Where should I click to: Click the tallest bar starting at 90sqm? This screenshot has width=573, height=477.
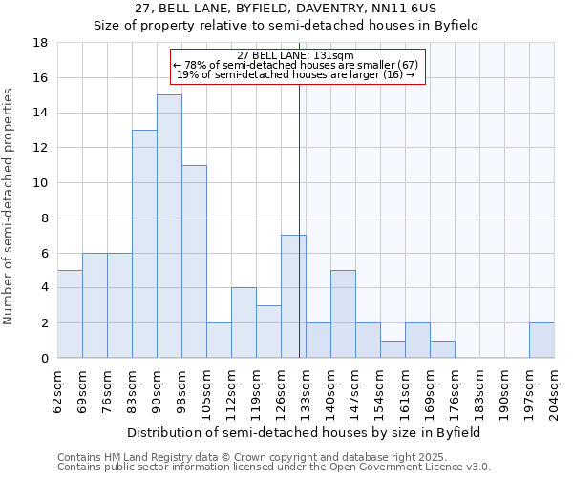click(x=169, y=226)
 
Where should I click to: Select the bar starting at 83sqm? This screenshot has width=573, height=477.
click(x=144, y=243)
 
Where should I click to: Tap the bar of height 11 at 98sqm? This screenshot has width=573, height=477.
click(x=194, y=261)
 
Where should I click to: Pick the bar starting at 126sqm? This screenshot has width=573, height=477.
click(x=293, y=296)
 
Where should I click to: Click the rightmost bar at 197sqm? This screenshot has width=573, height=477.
click(x=541, y=340)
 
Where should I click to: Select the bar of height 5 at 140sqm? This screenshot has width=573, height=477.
click(x=343, y=314)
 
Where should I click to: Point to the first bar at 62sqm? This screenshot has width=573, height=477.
click(x=70, y=314)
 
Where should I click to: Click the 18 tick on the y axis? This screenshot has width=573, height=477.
click(x=41, y=43)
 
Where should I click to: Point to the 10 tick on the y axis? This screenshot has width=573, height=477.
click(x=41, y=183)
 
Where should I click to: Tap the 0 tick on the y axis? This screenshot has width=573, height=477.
click(x=45, y=358)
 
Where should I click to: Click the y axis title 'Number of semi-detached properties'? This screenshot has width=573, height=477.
click(x=10, y=205)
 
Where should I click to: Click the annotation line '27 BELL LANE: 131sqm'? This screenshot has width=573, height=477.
click(x=294, y=55)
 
